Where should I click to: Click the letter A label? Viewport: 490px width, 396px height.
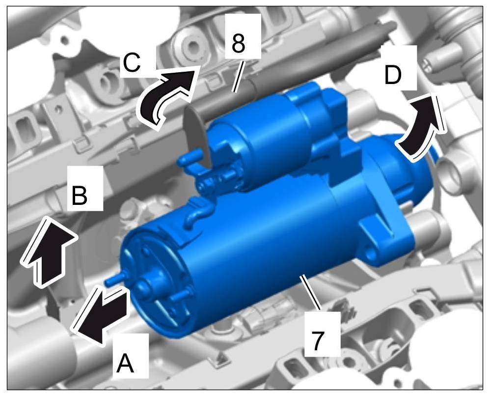(x=125, y=363)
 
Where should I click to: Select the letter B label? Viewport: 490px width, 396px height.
(x=80, y=195)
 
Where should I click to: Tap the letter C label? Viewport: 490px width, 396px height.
(x=132, y=62)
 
